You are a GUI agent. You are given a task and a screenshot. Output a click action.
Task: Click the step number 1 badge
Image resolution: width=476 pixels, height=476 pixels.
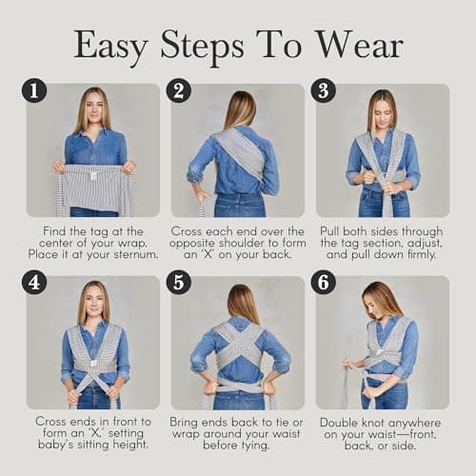34,90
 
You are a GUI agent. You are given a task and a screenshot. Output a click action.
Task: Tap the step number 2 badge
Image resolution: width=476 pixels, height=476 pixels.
179,90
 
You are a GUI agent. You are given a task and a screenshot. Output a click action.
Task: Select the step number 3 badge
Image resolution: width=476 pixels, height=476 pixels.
324,90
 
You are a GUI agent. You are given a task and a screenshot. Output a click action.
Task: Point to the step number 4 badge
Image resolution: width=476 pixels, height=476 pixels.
34,283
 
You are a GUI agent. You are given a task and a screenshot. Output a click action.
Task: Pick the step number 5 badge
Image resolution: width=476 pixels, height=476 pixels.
179,283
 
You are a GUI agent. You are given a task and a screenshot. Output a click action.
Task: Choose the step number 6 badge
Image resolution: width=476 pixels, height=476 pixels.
324,283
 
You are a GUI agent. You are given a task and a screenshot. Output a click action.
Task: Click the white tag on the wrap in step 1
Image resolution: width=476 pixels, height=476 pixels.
93,177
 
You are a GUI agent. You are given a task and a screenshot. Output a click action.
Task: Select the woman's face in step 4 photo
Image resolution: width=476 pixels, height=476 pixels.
92,301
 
